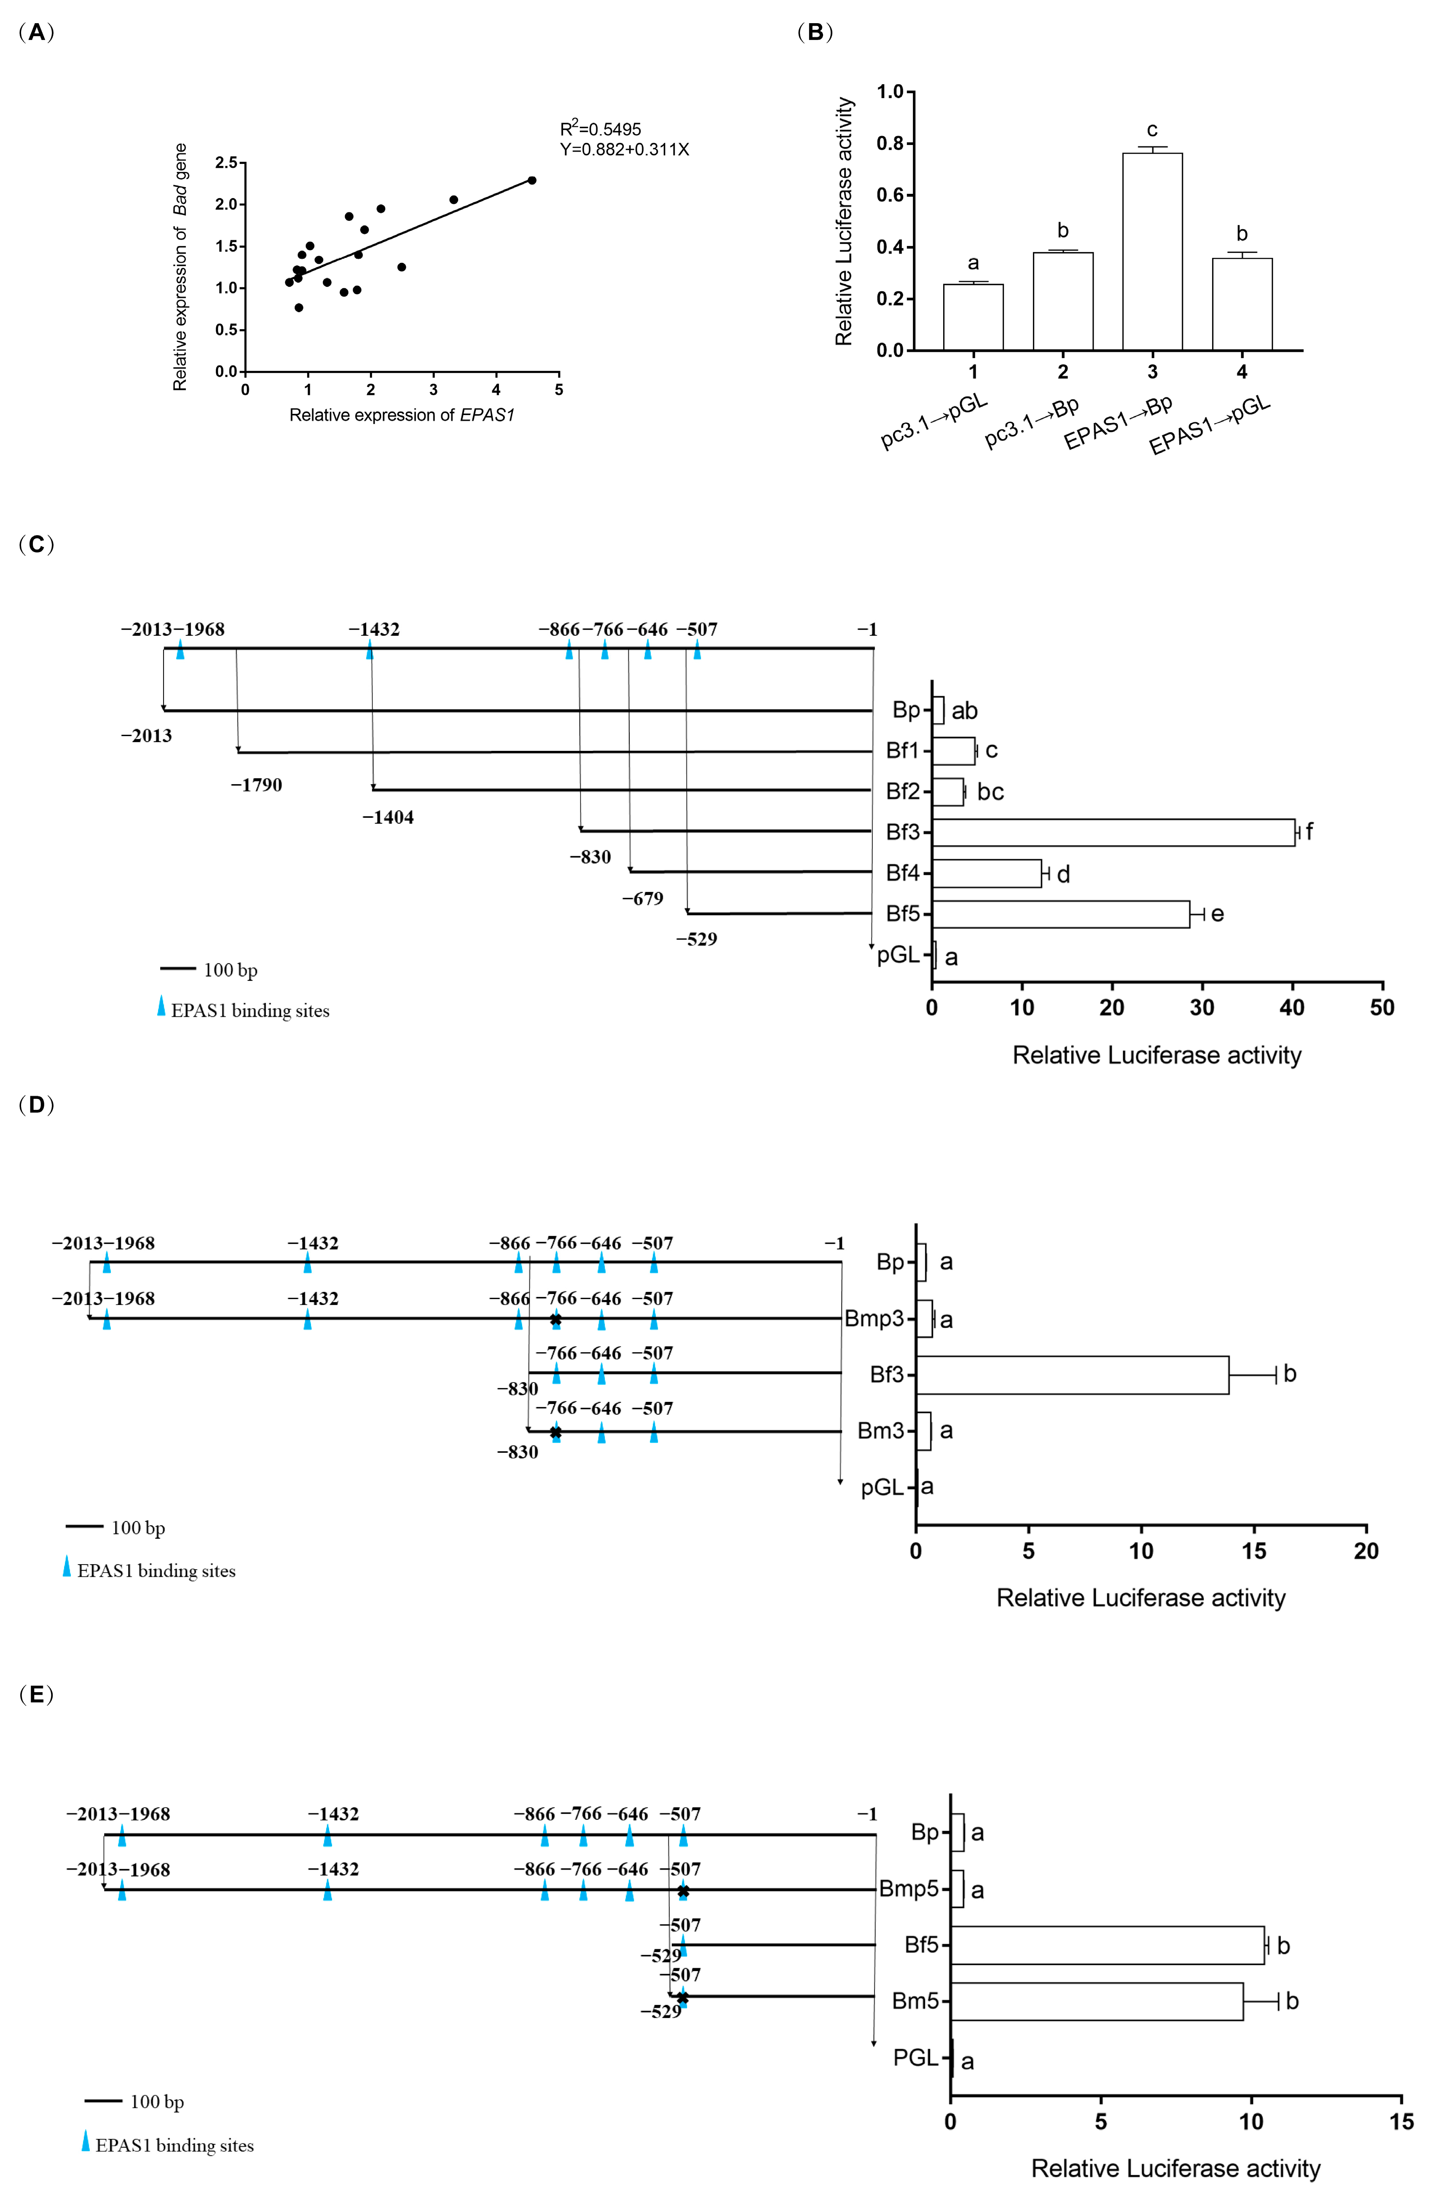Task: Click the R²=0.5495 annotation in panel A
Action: pos(600,129)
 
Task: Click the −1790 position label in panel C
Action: pos(257,785)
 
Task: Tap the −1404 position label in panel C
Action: pos(388,817)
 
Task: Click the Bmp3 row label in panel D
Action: pos(874,1318)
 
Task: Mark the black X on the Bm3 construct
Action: pos(555,1432)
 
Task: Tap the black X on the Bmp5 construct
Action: pos(683,1891)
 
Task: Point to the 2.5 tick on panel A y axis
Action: pos(226,163)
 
